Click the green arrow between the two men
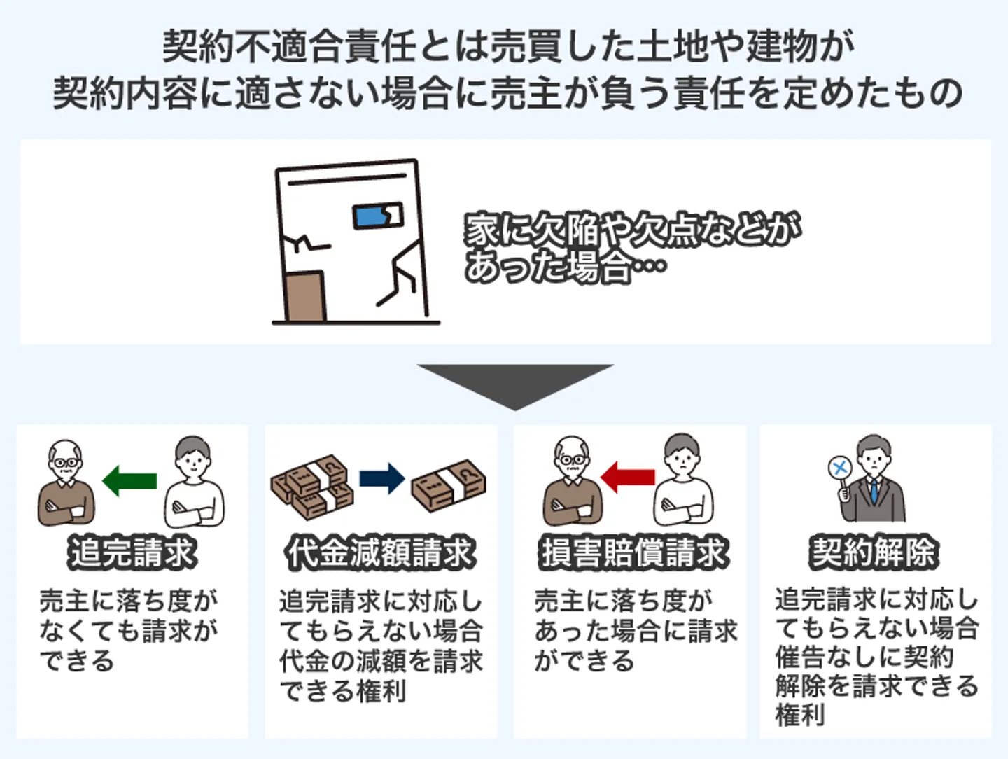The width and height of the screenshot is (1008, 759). point(129,481)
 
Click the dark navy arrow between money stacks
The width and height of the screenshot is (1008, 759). point(381,479)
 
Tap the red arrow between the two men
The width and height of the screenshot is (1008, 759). point(628,478)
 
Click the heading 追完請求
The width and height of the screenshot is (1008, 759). point(132,552)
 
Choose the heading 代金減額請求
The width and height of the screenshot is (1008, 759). point(381,552)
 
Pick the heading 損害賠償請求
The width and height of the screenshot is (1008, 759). point(633,552)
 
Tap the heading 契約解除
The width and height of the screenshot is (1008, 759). point(873,552)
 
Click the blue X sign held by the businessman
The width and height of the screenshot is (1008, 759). point(839,467)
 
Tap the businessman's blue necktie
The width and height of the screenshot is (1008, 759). point(874,490)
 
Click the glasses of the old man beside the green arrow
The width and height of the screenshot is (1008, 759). point(66,463)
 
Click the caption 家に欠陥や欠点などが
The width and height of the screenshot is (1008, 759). point(632,229)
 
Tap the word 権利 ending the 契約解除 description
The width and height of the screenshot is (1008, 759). point(800,715)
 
